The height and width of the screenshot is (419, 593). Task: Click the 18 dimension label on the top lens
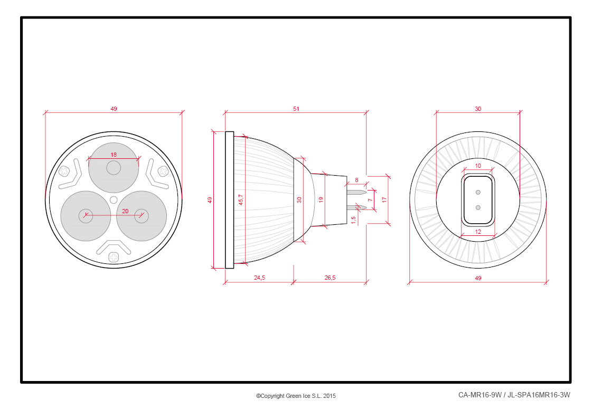tap(114, 155)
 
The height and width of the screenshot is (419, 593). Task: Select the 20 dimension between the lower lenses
tap(125, 211)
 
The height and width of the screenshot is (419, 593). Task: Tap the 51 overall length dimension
tap(296, 109)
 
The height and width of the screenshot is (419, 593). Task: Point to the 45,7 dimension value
tap(241, 199)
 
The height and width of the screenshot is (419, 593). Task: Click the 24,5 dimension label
tap(259, 278)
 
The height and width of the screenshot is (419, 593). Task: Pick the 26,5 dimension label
tap(330, 278)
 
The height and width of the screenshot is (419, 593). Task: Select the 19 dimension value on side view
tap(321, 199)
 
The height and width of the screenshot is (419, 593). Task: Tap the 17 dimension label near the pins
tap(384, 199)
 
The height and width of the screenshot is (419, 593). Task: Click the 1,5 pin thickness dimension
tap(354, 220)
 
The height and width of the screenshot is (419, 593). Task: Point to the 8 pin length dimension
tap(356, 180)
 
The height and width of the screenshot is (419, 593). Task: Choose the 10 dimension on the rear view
tap(478, 166)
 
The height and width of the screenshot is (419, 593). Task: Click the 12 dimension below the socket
tap(478, 232)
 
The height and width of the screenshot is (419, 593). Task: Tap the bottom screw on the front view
tap(114, 258)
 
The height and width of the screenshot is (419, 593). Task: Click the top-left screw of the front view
tap(64, 172)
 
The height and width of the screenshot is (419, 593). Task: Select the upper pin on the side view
tap(356, 192)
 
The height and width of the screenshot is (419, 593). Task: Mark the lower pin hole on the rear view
tap(478, 208)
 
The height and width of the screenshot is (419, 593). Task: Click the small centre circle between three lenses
tap(114, 199)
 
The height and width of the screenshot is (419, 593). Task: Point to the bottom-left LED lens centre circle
tap(86, 216)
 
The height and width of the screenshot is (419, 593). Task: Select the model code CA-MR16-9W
tap(480, 395)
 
